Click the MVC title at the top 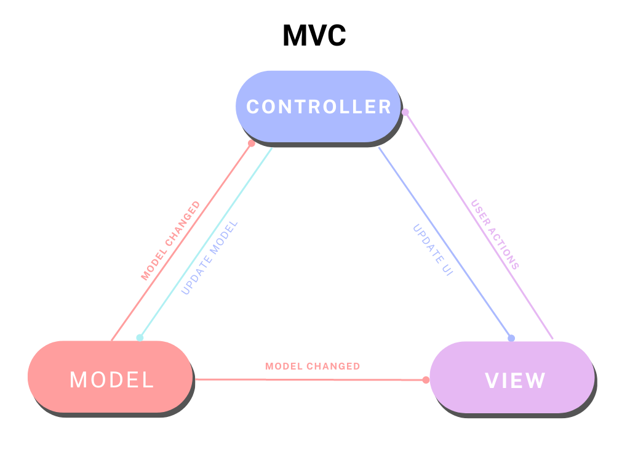click(314, 36)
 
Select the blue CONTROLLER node click(319, 107)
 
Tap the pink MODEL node click(111, 379)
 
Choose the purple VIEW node click(514, 380)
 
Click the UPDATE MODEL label click(209, 258)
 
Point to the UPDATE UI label click(433, 250)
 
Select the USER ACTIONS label click(495, 235)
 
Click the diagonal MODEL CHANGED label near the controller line click(170, 241)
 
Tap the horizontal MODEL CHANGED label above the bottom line click(313, 366)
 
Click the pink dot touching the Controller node click(251, 143)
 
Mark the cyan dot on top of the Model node click(140, 338)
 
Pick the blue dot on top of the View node click(511, 338)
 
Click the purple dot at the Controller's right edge click(405, 111)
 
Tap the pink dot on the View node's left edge click(426, 379)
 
